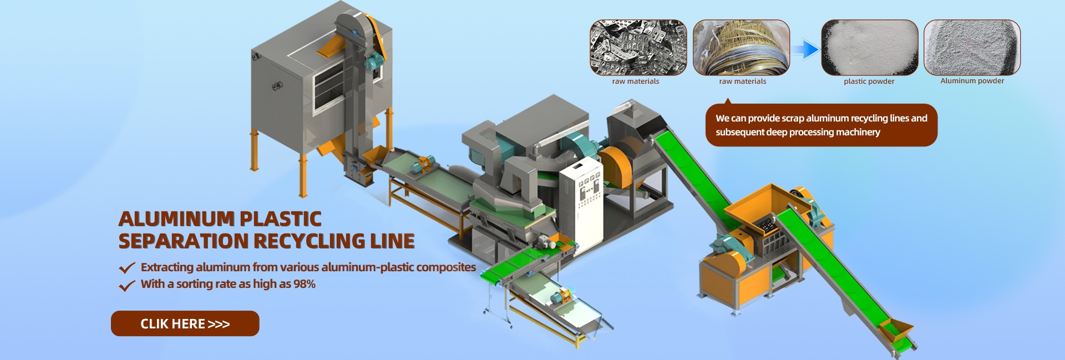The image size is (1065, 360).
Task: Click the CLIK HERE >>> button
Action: (x=185, y=323)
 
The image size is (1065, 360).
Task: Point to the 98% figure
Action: (x=305, y=284)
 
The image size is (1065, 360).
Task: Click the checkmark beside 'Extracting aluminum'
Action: (x=127, y=268)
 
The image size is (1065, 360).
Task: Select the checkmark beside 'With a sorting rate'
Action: (x=127, y=285)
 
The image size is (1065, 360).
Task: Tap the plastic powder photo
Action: (x=869, y=48)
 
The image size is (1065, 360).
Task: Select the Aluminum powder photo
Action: (x=972, y=48)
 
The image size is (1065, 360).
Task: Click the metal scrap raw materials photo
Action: (x=638, y=48)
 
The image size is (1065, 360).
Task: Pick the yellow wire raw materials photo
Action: (x=741, y=48)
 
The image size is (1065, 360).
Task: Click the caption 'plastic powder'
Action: (x=869, y=82)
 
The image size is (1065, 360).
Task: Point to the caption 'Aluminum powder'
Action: (x=972, y=81)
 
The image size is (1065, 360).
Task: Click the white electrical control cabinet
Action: (x=581, y=202)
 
